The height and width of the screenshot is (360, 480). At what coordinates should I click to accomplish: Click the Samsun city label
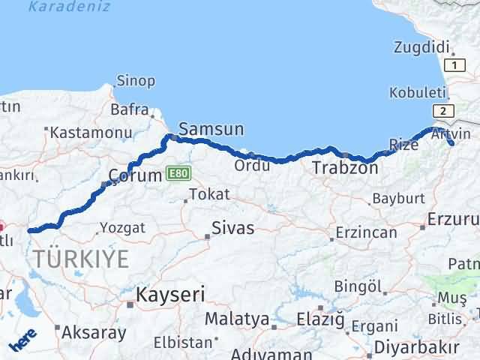[212, 129]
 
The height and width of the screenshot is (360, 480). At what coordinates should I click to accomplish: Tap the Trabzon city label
[345, 167]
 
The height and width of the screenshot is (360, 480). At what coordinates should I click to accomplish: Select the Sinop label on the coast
[136, 80]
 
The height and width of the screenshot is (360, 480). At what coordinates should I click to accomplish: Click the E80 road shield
[179, 172]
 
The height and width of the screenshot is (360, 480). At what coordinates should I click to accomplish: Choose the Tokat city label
[209, 194]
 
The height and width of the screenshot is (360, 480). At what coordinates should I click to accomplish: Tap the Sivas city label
[232, 228]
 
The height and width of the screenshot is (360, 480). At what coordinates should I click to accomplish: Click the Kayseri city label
[170, 295]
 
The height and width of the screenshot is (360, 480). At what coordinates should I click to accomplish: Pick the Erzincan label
[367, 232]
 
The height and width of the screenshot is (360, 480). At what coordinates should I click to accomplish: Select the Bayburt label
[398, 199]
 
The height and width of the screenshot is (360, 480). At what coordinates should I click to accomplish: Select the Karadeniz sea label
[68, 7]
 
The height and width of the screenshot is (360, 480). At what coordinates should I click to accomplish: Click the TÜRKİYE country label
[80, 259]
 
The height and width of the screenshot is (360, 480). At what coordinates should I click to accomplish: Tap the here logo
[22, 342]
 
